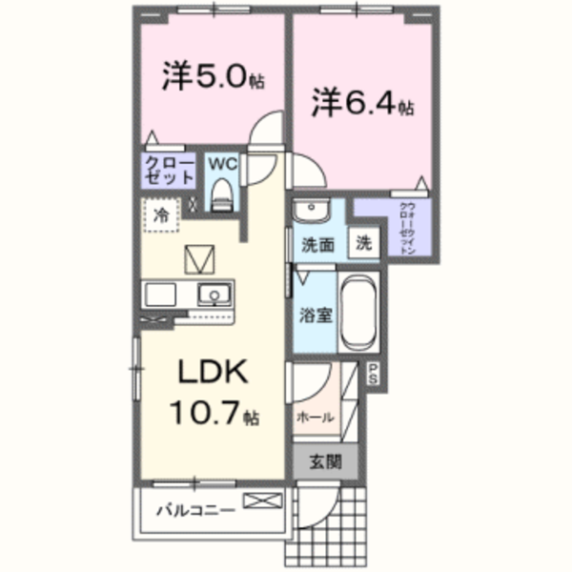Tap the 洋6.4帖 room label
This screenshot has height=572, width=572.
pos(360,102)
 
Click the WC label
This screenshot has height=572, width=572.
pos(221,163)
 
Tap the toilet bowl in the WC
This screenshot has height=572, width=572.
pos(221,196)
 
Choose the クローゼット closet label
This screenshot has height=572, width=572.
pos(169,172)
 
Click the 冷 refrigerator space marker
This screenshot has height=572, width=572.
pos(160,213)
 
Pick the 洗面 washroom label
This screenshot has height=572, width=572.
pos(317,243)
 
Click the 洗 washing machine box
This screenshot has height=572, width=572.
pos(363,242)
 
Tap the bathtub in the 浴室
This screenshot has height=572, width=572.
pos(359,311)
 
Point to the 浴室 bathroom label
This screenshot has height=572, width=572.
pos(316,315)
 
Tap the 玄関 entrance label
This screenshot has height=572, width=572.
pos(320,462)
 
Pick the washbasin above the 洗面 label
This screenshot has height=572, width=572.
pos(311,211)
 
